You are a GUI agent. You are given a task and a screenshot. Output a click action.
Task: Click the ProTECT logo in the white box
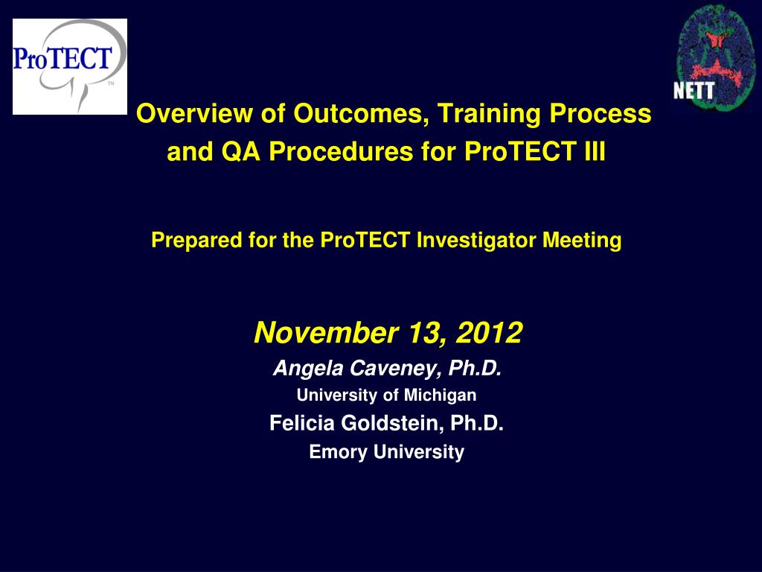[x=69, y=66]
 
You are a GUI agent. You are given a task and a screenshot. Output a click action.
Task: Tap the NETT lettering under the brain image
[x=694, y=90]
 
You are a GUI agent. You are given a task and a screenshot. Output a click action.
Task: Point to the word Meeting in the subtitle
[x=582, y=241]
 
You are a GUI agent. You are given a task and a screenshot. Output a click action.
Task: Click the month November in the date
[x=326, y=333]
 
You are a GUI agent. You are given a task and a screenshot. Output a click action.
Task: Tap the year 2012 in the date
[x=489, y=333]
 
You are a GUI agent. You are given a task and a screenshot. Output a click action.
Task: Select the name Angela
[x=308, y=369]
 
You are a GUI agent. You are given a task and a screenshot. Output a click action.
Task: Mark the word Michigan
[x=441, y=395]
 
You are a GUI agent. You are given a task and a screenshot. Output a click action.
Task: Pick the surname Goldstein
[x=392, y=423]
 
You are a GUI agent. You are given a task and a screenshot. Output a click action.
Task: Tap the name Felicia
[x=302, y=423]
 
